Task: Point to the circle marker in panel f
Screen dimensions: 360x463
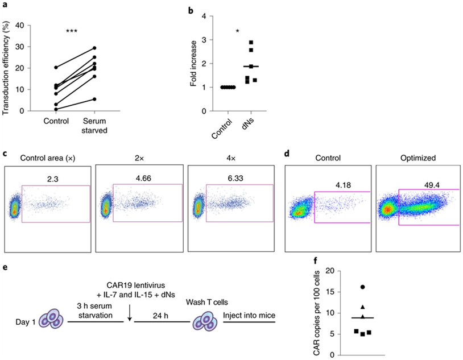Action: point(363,287)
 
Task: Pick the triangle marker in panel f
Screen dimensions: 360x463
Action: point(363,307)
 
